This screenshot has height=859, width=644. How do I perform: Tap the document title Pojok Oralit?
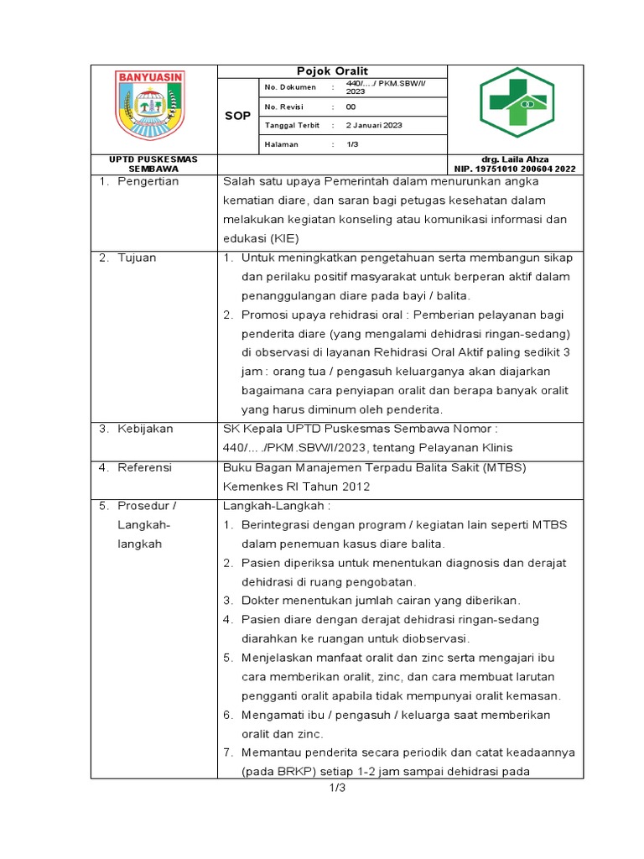333,71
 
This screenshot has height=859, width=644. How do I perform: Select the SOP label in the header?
238,116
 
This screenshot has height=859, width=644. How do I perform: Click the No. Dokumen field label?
290,87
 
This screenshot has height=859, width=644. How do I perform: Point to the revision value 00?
351,107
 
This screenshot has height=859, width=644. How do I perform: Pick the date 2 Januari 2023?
374,125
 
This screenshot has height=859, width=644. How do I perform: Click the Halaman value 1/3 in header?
353,144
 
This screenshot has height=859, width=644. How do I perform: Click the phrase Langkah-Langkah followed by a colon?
277,506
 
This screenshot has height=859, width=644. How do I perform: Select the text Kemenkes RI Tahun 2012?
296,487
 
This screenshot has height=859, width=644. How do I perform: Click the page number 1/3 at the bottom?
337,788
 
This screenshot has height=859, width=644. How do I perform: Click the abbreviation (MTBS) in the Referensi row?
503,467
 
